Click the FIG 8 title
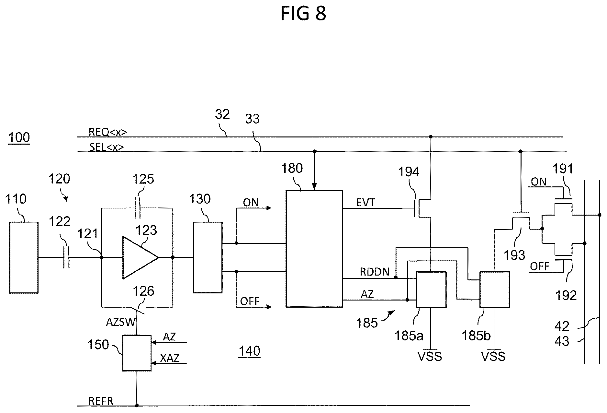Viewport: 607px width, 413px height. [x=303, y=14]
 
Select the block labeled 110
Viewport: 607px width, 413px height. [x=24, y=257]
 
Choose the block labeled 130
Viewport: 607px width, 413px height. [x=208, y=257]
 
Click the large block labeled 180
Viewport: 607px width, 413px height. [x=314, y=249]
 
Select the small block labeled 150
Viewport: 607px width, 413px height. [x=137, y=353]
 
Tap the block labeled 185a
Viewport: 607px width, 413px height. [x=431, y=289]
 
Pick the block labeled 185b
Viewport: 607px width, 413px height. [x=494, y=289]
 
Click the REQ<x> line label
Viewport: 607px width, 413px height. [x=108, y=132]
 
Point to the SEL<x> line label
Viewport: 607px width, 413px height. [x=107, y=147]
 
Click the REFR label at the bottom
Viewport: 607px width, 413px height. [x=101, y=401]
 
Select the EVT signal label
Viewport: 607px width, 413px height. [x=365, y=203]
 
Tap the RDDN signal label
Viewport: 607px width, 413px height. [x=375, y=272]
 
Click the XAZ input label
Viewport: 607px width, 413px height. [x=170, y=358]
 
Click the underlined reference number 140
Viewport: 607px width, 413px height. [x=249, y=351]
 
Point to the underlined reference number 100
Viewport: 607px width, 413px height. [x=19, y=138]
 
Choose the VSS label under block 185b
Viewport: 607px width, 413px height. [x=493, y=357]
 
